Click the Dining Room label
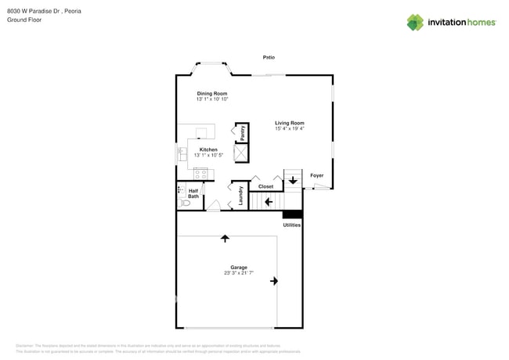click(x=211, y=93)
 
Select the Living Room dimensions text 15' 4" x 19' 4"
click(x=289, y=128)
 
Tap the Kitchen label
click(x=208, y=149)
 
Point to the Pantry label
click(x=243, y=132)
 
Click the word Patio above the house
click(x=269, y=57)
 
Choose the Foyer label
click(x=316, y=175)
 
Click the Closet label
click(x=265, y=186)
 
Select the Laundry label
click(x=240, y=196)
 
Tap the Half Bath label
click(x=193, y=193)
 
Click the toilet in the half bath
click(x=184, y=203)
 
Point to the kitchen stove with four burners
click(x=200, y=174)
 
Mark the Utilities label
click(x=291, y=225)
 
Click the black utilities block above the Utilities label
click(x=291, y=214)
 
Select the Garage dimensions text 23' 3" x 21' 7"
click(x=239, y=272)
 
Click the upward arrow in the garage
click(x=225, y=237)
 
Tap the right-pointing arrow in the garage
click(x=274, y=280)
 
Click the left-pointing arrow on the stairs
click(x=268, y=202)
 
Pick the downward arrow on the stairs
click(x=293, y=180)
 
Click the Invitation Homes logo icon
click(x=415, y=23)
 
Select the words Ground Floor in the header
click(x=24, y=20)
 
